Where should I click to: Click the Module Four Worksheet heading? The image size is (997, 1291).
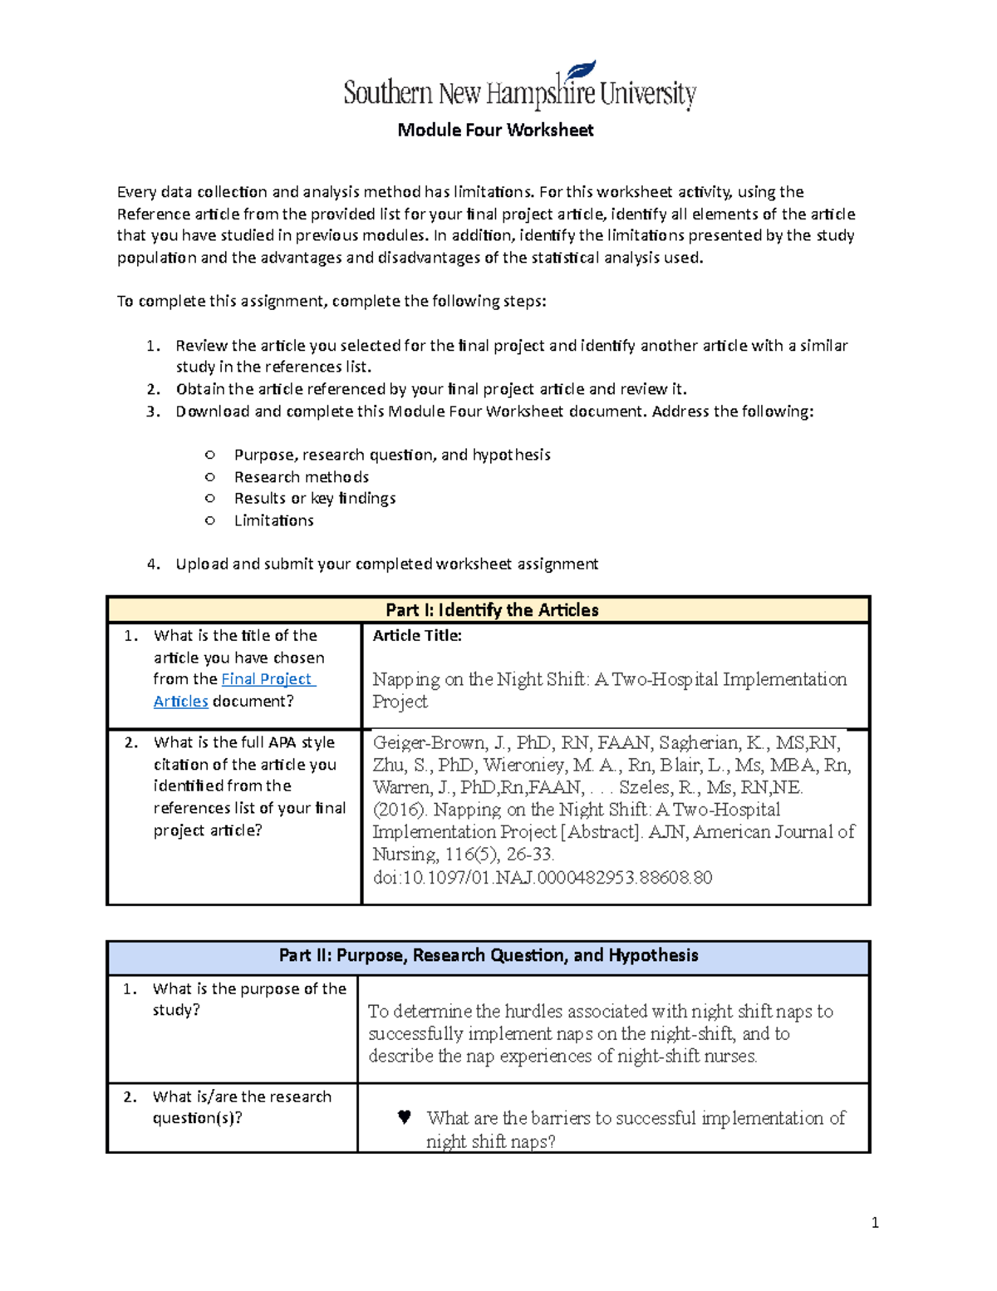click(495, 130)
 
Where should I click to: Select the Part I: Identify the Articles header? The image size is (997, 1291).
click(492, 610)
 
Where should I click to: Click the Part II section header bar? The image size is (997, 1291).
click(489, 955)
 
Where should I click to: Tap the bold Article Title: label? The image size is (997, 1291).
click(417, 636)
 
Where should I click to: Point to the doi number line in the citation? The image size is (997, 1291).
click(542, 878)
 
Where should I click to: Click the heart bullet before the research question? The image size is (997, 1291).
click(405, 1117)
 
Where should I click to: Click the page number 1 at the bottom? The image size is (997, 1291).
click(875, 1222)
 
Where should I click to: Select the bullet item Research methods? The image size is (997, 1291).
click(302, 477)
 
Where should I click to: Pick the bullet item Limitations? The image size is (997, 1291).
click(274, 520)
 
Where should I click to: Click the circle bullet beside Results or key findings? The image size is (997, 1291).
click(210, 499)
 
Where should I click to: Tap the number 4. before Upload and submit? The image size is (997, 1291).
click(153, 564)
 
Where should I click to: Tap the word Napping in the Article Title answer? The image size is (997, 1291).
click(405, 680)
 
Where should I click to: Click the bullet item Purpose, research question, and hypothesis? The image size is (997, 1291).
click(392, 455)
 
